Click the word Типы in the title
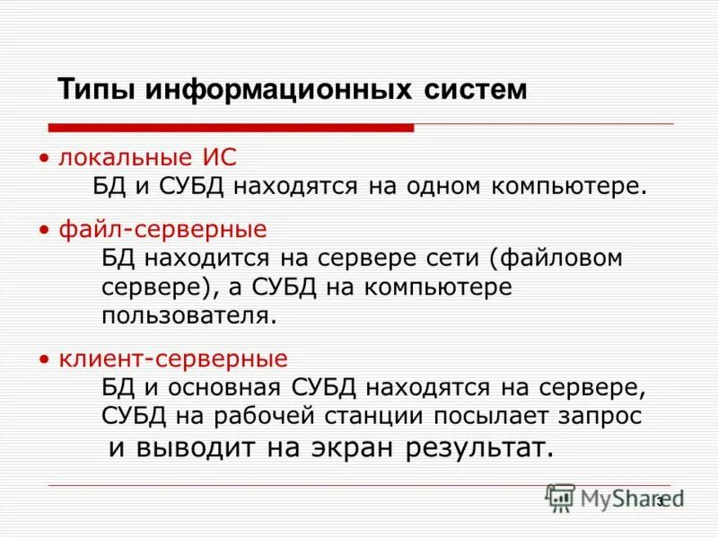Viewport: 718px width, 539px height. coord(96,90)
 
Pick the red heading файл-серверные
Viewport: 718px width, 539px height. coord(162,229)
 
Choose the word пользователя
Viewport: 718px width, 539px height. coord(186,315)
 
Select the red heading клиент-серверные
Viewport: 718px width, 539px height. coord(173,359)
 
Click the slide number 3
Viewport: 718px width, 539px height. coord(661,500)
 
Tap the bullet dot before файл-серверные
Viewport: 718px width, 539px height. coord(43,230)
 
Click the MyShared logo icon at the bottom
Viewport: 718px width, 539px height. coord(560,498)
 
